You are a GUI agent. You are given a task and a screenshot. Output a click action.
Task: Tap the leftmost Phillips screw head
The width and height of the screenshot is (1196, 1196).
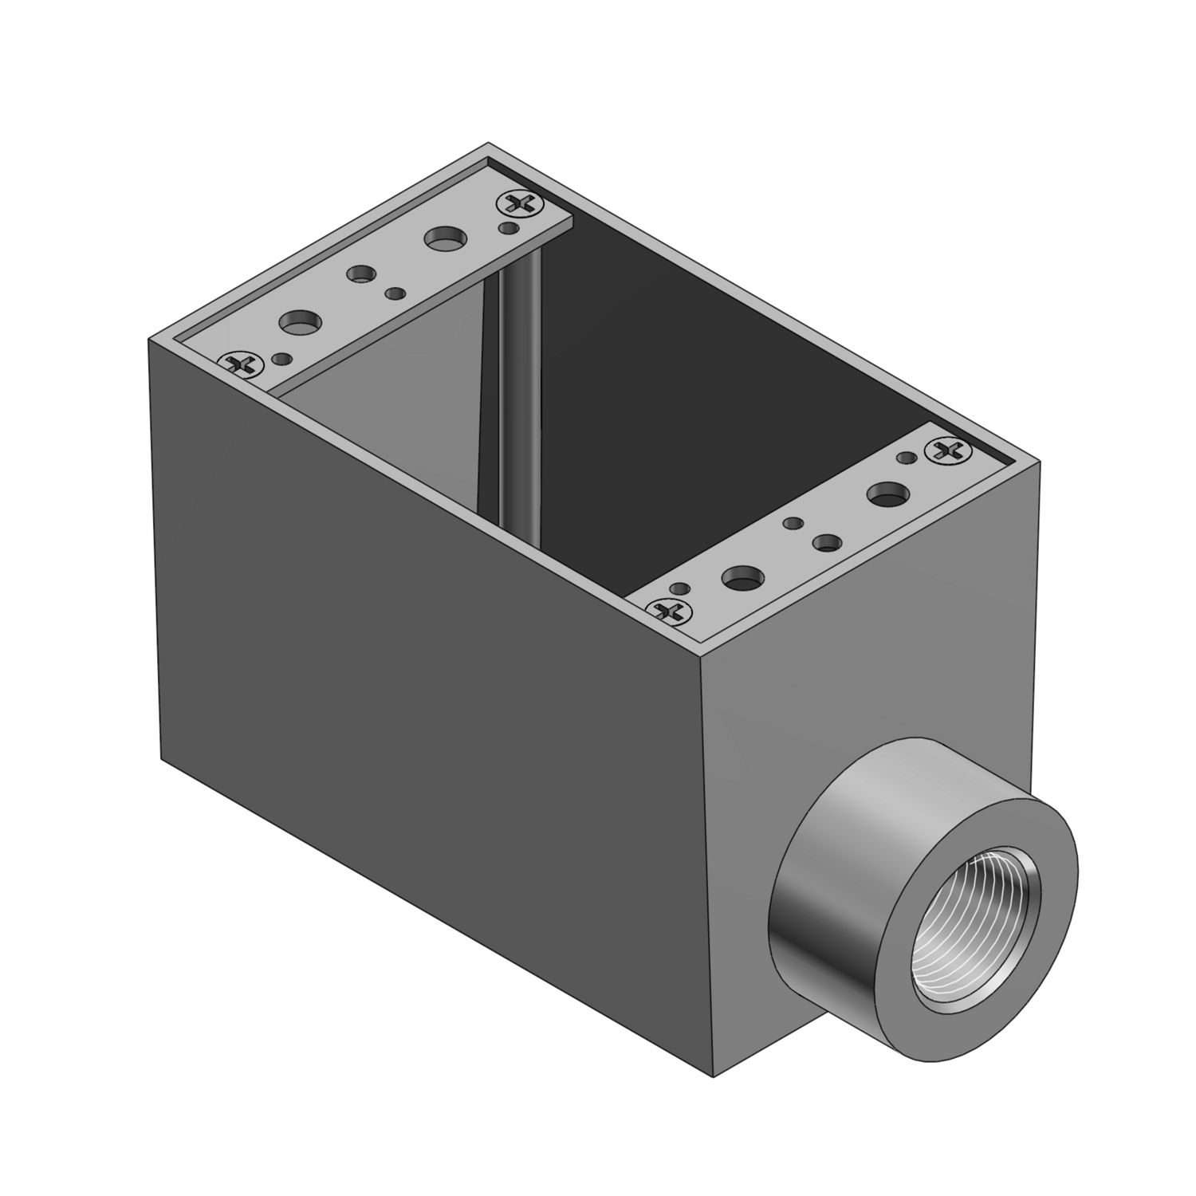[240, 364]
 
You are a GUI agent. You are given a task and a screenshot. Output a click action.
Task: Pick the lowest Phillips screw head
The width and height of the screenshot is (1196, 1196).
[670, 612]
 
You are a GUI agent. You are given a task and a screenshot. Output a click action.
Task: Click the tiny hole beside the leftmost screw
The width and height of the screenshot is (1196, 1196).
[280, 359]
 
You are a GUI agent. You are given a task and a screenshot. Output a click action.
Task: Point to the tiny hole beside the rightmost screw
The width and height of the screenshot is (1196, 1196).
[906, 457]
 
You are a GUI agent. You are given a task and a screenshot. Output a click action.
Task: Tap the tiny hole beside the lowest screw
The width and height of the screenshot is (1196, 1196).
[679, 588]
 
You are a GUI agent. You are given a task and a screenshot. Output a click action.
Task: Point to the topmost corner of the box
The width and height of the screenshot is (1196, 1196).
[488, 144]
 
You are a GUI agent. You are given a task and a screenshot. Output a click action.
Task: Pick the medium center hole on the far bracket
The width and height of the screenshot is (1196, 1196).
[361, 274]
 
